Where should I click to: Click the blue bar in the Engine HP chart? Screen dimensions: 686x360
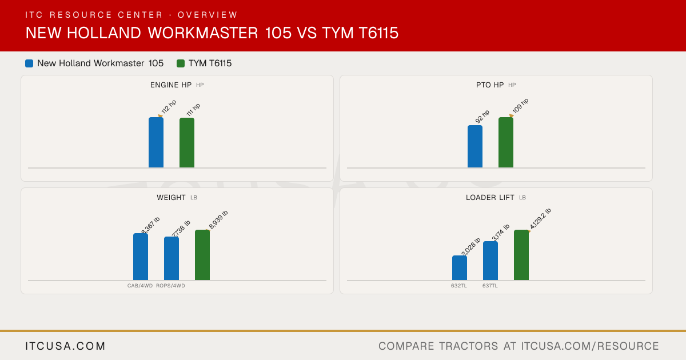[x=156, y=142]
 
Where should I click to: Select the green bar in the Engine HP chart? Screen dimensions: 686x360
[x=187, y=143]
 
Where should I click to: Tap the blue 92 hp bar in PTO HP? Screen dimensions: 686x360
[x=475, y=146]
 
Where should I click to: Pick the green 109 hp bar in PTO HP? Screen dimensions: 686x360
[x=506, y=142]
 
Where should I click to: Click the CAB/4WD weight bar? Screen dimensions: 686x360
[x=141, y=257]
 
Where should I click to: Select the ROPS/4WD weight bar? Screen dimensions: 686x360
[x=171, y=258]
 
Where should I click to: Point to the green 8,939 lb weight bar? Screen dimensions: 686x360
[x=202, y=255]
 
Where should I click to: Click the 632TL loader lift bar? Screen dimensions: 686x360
[x=460, y=268]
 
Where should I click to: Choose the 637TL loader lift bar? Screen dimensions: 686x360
[x=490, y=261]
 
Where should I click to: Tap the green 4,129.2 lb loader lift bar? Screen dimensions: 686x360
[x=521, y=255]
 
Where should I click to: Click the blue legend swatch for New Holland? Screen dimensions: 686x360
[x=29, y=63]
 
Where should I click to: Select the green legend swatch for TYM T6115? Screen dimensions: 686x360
[x=181, y=63]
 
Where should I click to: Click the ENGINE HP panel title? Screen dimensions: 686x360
[x=171, y=85]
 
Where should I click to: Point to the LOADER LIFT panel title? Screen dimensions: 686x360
[x=490, y=198]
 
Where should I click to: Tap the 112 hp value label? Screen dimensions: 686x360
[x=169, y=107]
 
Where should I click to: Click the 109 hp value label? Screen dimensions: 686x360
[x=520, y=106]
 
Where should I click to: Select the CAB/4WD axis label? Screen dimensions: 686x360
[x=140, y=286]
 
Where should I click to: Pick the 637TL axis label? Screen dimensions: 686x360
[x=490, y=286]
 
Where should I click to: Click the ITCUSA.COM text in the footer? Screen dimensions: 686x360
[x=65, y=346]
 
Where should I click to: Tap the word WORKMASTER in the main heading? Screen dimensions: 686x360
[x=203, y=33]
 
